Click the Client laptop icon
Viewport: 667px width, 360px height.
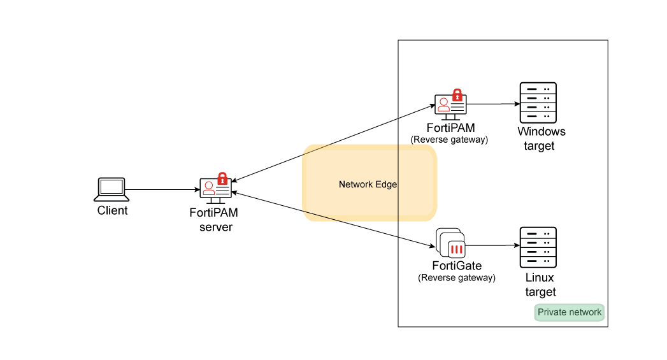[x=112, y=189]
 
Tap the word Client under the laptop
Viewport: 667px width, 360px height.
[x=112, y=211]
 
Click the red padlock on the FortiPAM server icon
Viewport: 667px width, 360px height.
[x=222, y=178]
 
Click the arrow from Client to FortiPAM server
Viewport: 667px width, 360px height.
[x=162, y=189]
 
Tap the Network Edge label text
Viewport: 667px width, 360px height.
[x=368, y=184]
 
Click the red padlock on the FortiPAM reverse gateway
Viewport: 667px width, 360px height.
[x=457, y=95]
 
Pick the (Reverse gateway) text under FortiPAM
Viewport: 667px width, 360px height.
[x=450, y=140]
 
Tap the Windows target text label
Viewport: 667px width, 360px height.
[x=541, y=139]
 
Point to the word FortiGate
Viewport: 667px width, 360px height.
[x=456, y=266]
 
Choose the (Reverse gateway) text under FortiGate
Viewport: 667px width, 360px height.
[x=456, y=278]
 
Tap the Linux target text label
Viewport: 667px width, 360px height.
[x=540, y=285]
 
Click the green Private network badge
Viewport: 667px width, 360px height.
[x=569, y=312]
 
